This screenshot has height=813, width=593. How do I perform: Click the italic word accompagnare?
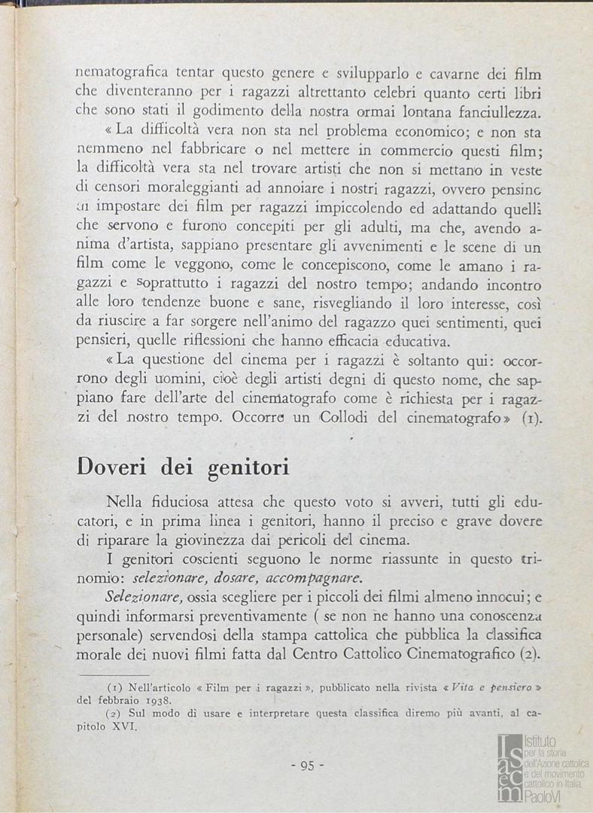coord(315,578)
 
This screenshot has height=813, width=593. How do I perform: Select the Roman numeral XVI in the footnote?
coord(123,727)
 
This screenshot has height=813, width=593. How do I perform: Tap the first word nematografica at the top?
coord(121,74)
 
